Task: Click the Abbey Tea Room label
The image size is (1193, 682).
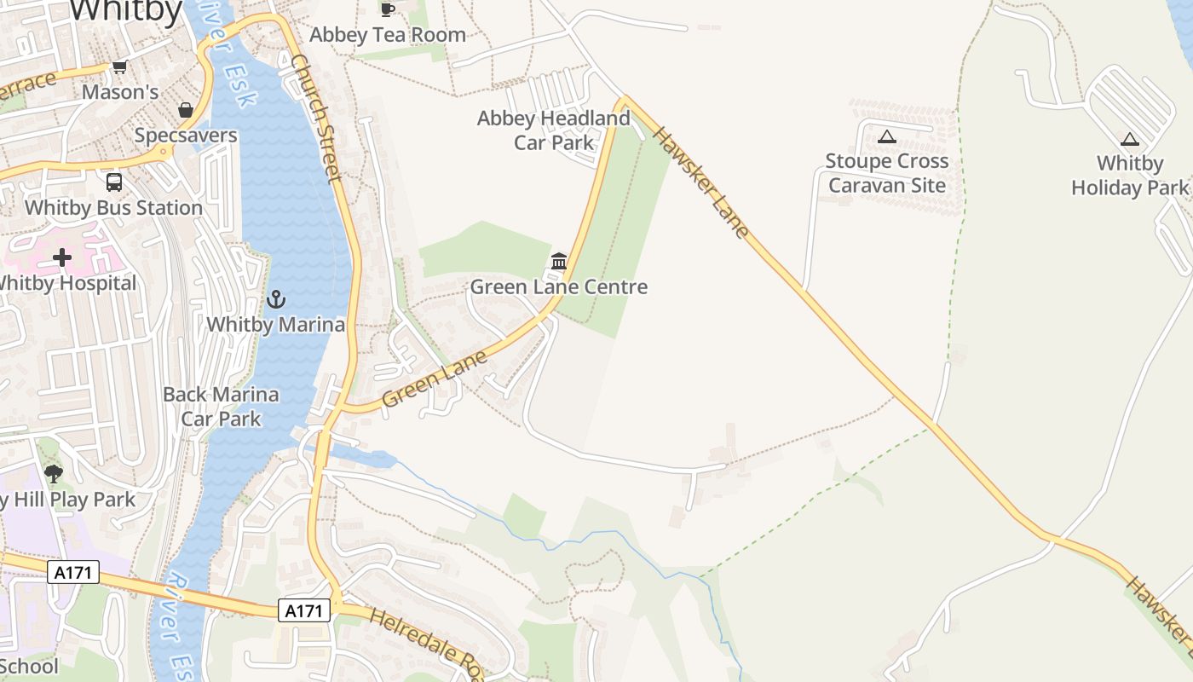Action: [388, 35]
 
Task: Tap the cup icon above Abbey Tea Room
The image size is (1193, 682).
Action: [388, 9]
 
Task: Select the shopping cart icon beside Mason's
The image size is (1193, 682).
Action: [119, 67]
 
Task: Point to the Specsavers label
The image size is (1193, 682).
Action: [186, 136]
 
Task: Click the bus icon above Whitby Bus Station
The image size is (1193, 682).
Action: [113, 182]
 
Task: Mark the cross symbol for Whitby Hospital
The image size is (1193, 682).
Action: [62, 257]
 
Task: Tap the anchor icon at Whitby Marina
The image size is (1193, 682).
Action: [275, 299]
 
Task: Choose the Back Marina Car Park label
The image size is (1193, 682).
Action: [221, 407]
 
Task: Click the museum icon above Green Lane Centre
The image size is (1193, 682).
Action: [559, 261]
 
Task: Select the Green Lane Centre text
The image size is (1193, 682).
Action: [559, 287]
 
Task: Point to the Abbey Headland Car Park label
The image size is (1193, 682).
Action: [553, 130]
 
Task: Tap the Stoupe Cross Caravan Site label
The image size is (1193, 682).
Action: [886, 173]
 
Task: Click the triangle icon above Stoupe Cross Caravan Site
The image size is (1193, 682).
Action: [887, 136]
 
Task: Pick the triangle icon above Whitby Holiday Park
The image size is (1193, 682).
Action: [1130, 139]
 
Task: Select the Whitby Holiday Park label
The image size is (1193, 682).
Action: [1130, 176]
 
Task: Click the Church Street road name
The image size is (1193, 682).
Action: [316, 118]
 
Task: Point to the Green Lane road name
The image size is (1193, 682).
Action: [435, 378]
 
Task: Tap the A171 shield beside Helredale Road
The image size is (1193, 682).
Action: [304, 610]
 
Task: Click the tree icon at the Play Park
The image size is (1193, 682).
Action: [54, 473]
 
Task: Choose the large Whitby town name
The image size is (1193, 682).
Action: [126, 11]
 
